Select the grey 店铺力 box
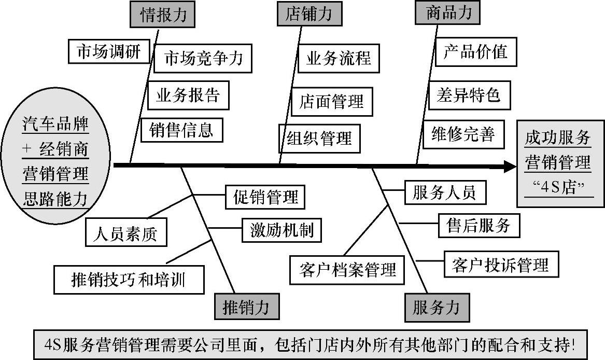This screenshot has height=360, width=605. [309, 14]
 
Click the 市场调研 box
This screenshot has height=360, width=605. [108, 51]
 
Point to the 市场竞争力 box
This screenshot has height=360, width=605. [203, 59]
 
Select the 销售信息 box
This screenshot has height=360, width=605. [181, 129]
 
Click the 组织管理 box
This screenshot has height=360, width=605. [319, 138]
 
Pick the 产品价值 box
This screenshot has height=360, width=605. [475, 51]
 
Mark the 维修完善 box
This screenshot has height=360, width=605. [463, 134]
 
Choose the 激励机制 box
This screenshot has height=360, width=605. [282, 229]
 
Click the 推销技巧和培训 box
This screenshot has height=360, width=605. [129, 280]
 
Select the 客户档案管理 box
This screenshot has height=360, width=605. [347, 269]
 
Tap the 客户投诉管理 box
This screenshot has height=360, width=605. [500, 265]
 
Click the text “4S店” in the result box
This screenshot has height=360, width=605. [557, 187]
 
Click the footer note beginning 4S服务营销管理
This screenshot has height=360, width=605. [311, 344]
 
